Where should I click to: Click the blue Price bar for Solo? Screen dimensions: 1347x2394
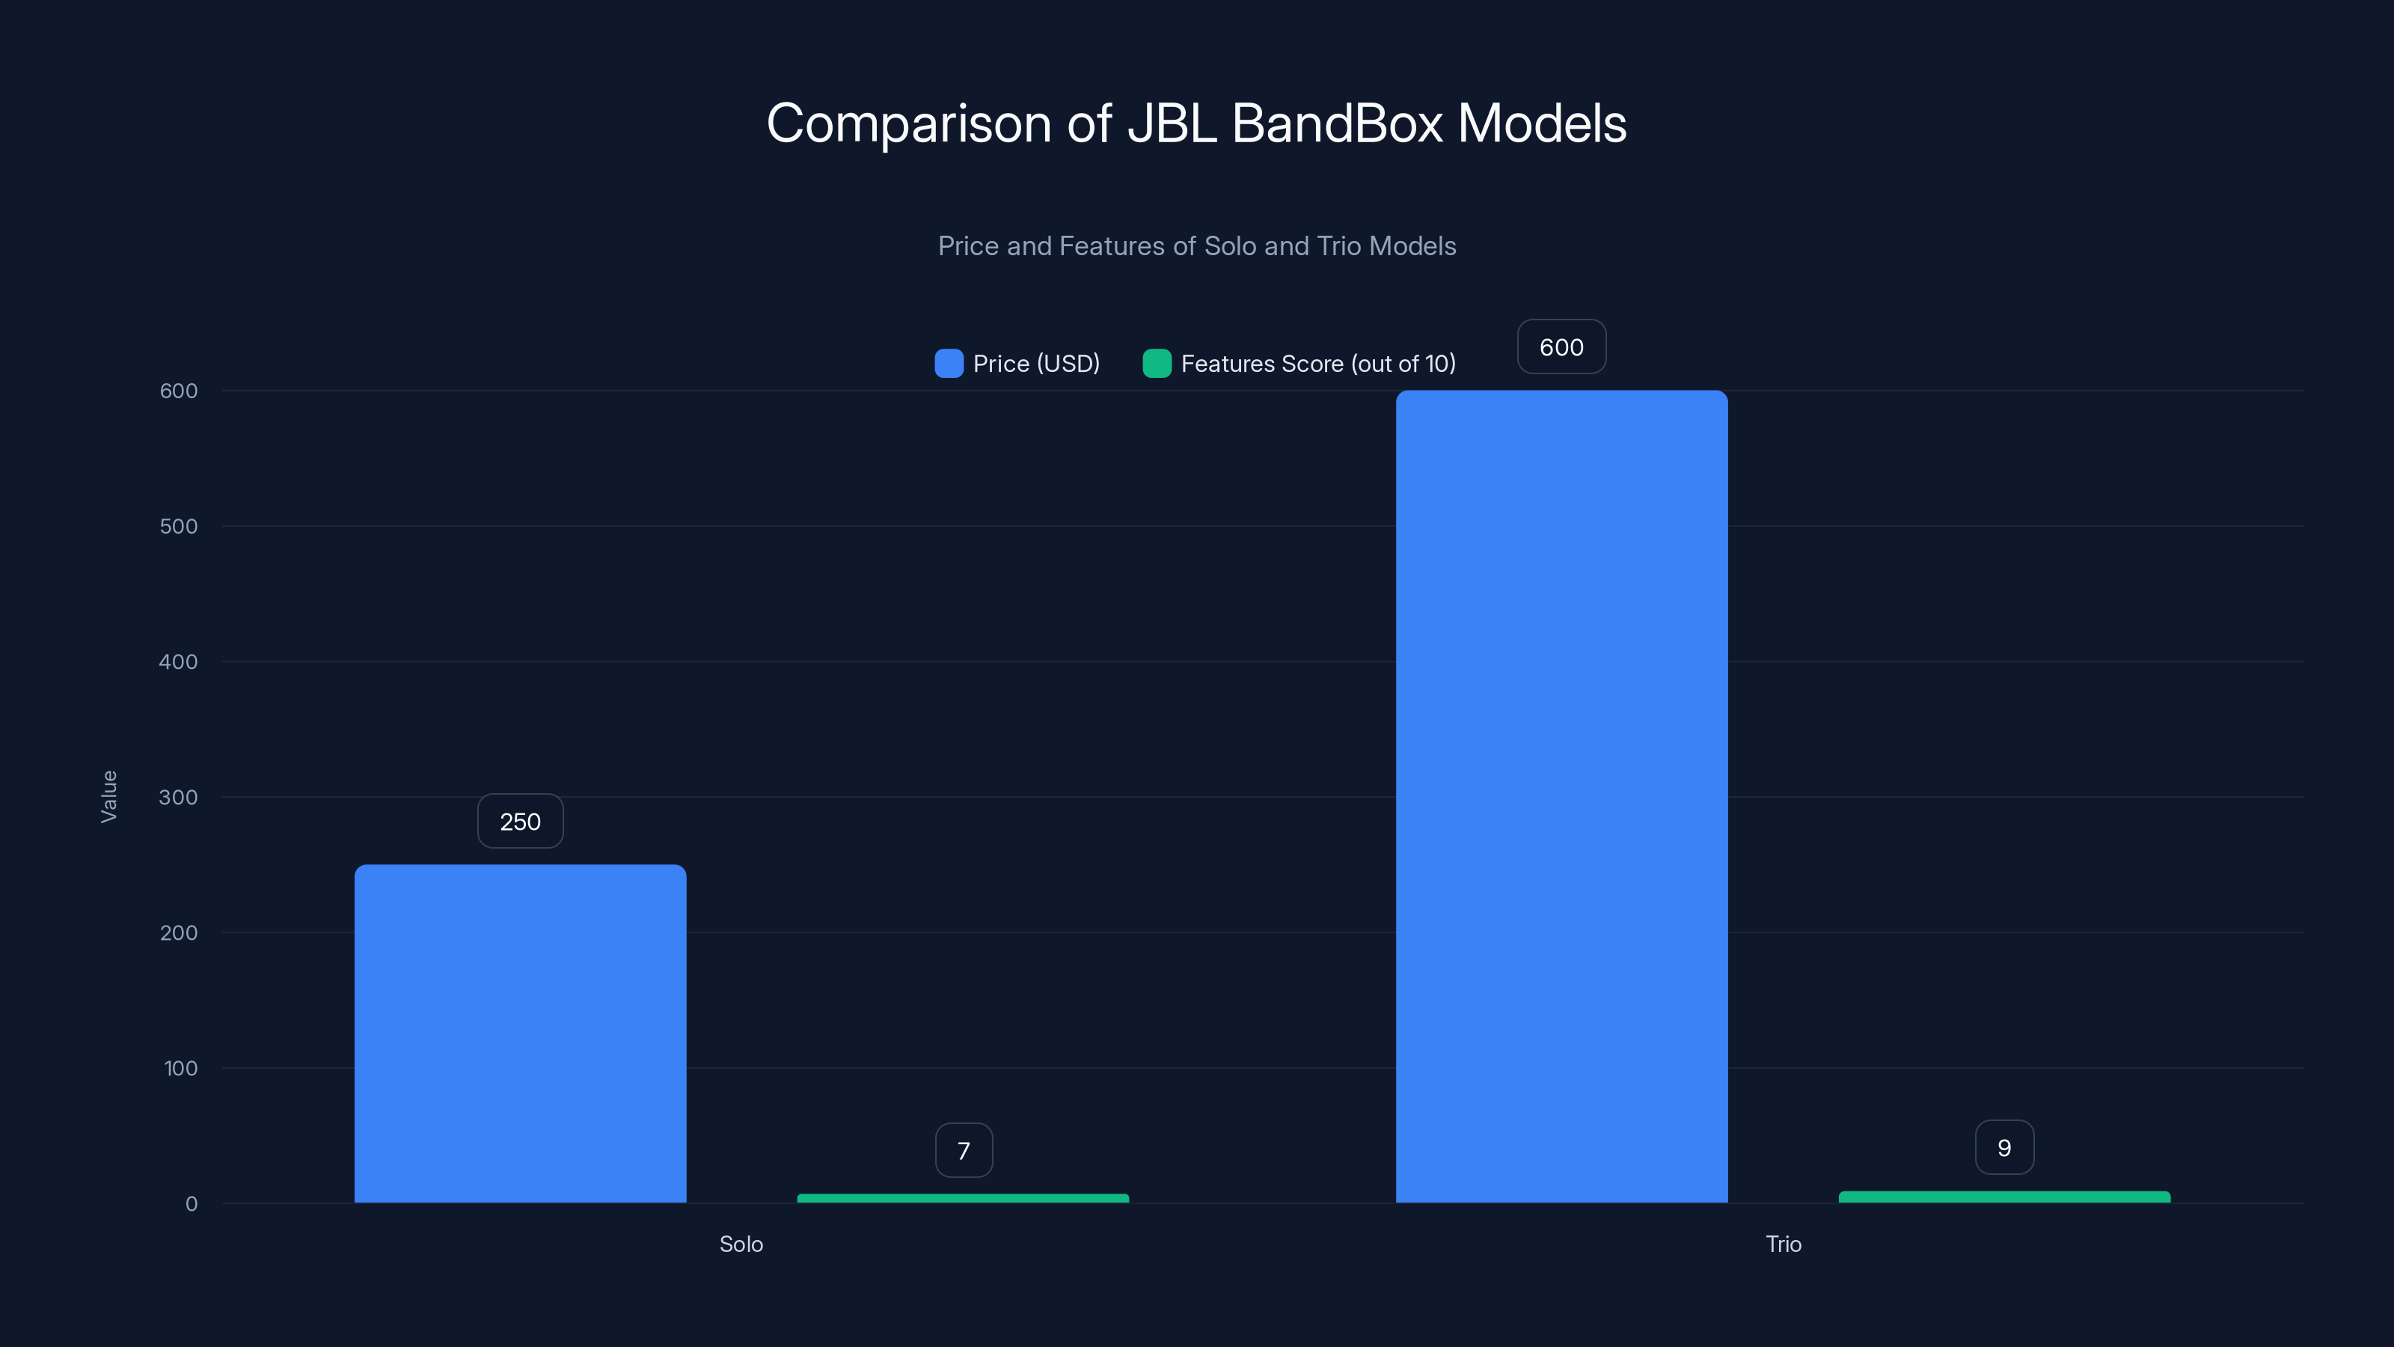coord(521,1033)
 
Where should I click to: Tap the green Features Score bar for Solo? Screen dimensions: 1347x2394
coord(963,1198)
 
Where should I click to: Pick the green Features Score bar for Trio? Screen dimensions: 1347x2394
coord(2003,1197)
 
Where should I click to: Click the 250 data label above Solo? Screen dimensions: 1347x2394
coord(521,821)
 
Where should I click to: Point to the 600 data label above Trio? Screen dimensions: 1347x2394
coord(1561,346)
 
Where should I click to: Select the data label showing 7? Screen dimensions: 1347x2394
coord(964,1150)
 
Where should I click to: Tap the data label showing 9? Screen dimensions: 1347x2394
coord(2003,1147)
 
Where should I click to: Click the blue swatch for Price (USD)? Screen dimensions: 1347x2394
coord(949,364)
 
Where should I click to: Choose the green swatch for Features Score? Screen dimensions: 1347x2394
coord(1156,364)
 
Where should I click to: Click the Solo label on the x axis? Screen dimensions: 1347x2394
coord(741,1244)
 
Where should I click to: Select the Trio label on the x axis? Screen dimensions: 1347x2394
coord(1783,1244)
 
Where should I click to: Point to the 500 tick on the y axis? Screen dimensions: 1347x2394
coord(179,526)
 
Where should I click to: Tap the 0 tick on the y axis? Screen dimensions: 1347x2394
coord(192,1204)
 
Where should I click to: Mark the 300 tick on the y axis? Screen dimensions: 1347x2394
coord(179,797)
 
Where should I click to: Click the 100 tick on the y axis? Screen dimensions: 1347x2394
coord(180,1068)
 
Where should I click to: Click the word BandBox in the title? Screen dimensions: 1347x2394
coord(1336,123)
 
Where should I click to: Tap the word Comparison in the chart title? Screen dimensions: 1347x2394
coord(908,124)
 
